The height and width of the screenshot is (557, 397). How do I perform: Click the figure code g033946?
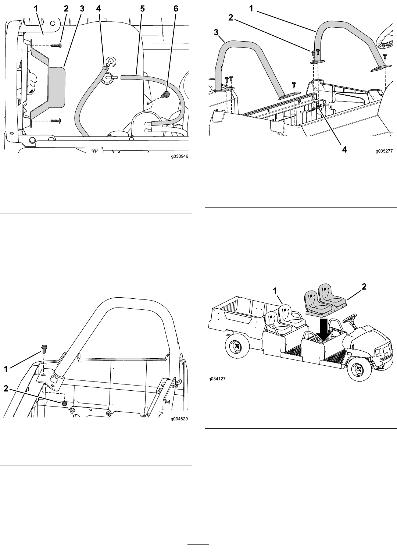coord(179,156)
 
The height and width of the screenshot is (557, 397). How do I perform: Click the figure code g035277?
coord(384,151)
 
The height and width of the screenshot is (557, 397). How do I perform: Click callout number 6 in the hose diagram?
coord(176,9)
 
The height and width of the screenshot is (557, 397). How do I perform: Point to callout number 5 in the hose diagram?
coord(142,9)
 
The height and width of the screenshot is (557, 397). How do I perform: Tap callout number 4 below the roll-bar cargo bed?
coord(344,149)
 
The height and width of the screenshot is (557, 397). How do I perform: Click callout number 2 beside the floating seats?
coord(364,287)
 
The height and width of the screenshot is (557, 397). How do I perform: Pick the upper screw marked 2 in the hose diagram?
coord(57,46)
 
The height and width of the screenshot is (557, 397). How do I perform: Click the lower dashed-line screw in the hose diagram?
coord(57,121)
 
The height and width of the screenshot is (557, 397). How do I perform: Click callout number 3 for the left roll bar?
coord(216,32)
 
